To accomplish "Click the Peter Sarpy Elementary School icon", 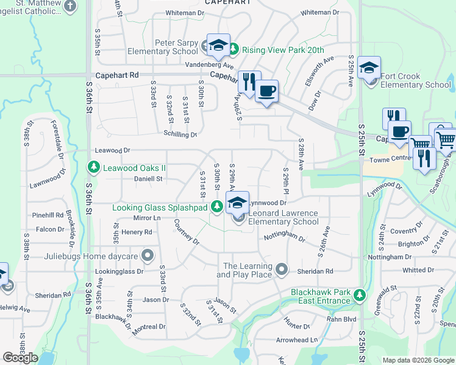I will click(218, 44).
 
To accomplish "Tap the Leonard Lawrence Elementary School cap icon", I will click(237, 203).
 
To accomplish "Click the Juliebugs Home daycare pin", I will click(147, 254).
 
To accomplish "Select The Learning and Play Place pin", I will click(281, 268).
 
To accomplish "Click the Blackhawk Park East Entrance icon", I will click(360, 296).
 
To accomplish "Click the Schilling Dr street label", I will click(180, 134).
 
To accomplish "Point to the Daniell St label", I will click(148, 179).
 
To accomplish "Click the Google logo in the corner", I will click(20, 357).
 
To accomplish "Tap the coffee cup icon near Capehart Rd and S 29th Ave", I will click(266, 91).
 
